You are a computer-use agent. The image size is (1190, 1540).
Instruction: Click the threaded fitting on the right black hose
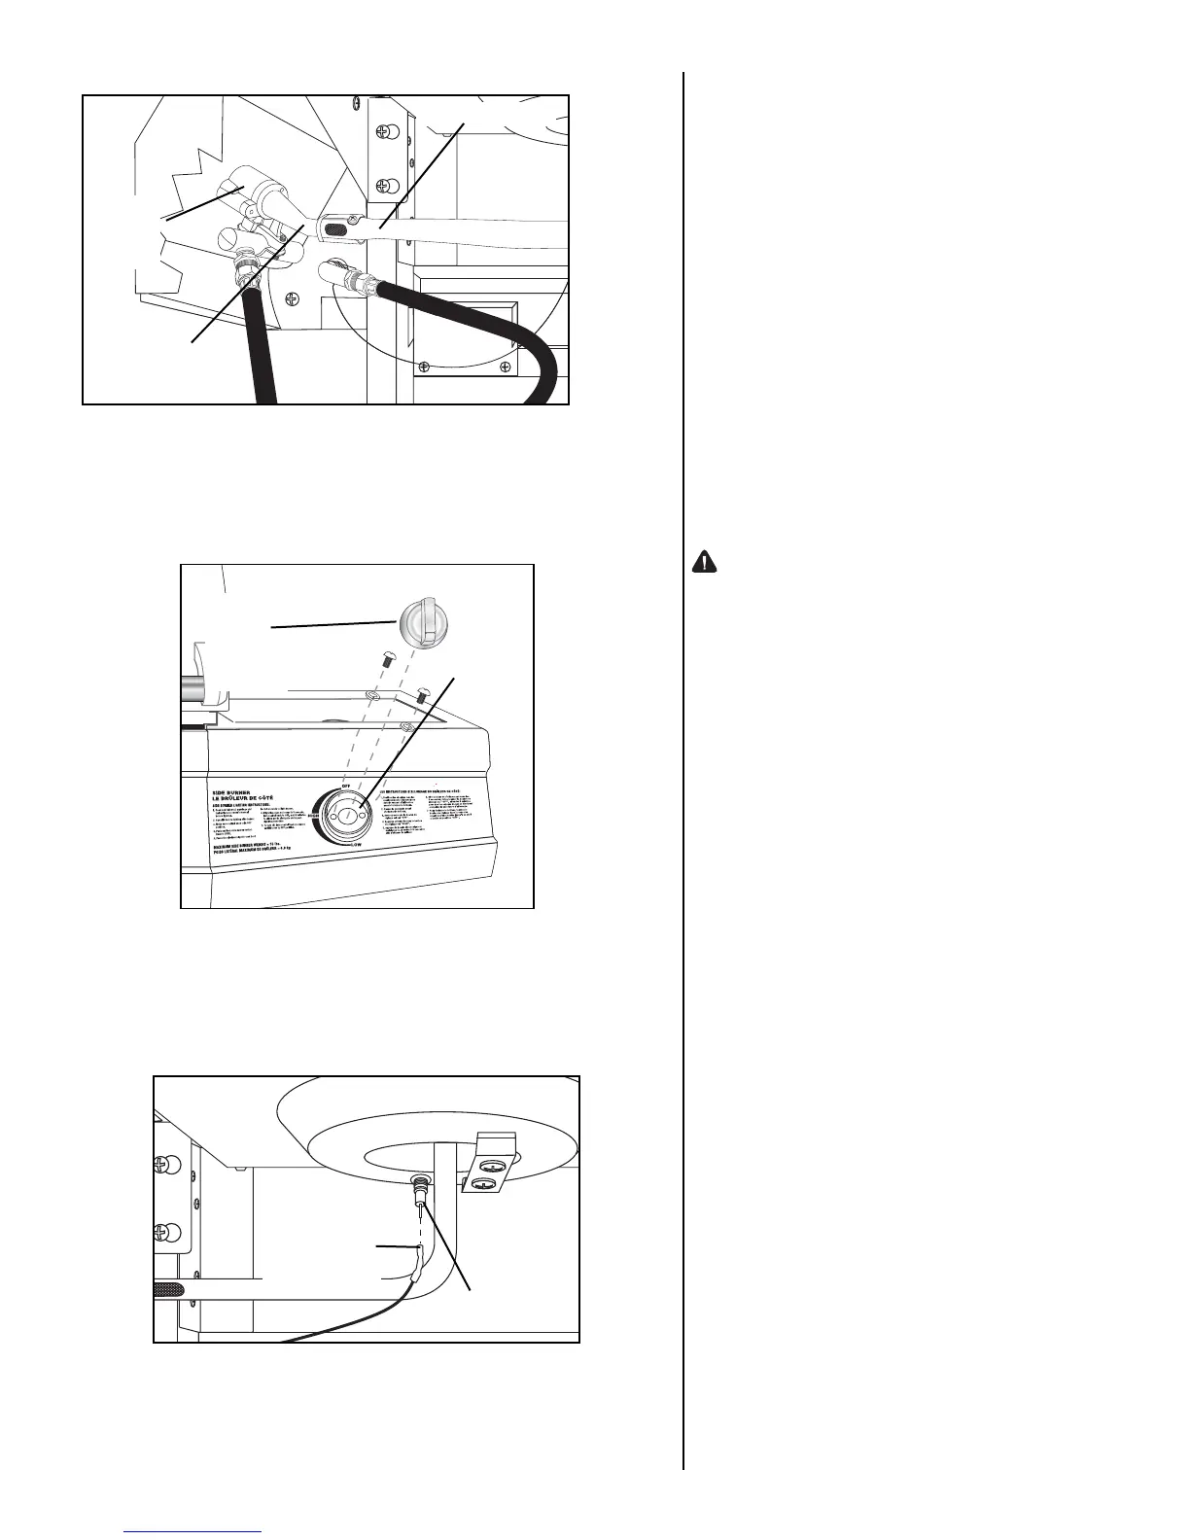tap(367, 286)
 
